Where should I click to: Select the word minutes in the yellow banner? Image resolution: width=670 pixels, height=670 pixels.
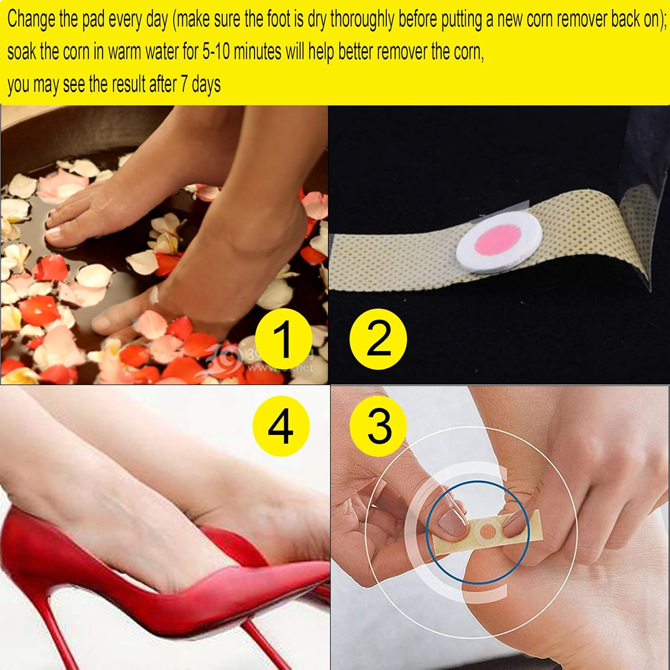(257, 52)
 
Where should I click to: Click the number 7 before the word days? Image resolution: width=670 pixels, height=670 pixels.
(184, 84)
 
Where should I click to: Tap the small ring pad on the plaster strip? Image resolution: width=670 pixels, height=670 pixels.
(487, 531)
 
